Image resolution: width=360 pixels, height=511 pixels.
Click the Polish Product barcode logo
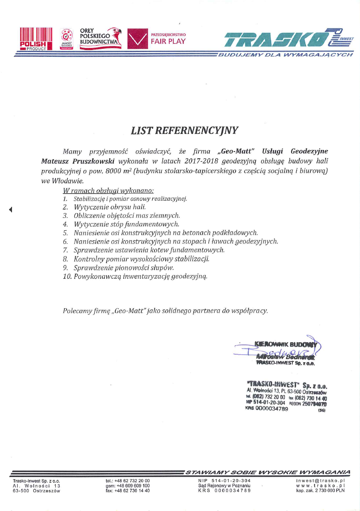(x=36, y=38)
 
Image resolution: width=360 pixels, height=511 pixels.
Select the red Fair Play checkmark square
(x=137, y=39)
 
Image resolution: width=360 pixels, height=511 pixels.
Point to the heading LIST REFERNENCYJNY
(x=184, y=130)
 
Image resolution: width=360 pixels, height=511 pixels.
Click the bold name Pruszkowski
(x=94, y=161)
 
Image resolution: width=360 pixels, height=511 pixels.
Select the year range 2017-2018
(x=201, y=161)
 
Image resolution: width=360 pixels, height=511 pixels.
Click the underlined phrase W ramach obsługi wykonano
(x=108, y=190)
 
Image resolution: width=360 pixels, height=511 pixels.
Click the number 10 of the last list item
(x=67, y=276)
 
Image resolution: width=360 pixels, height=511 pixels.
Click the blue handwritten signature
(x=276, y=350)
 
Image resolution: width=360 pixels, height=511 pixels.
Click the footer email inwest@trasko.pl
(x=320, y=480)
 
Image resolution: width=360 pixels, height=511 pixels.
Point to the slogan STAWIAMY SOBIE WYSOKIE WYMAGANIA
(x=268, y=472)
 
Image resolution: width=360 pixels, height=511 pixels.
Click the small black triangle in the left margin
(x=11, y=209)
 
